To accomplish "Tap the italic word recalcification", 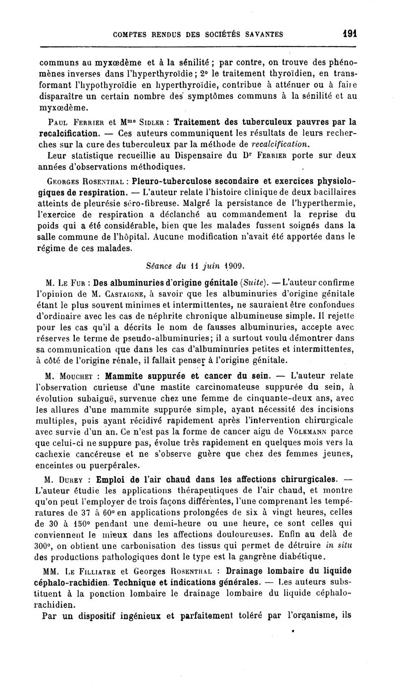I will click(x=281, y=145).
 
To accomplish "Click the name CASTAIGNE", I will click(x=105, y=295).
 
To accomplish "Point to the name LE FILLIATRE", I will click(x=92, y=569).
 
